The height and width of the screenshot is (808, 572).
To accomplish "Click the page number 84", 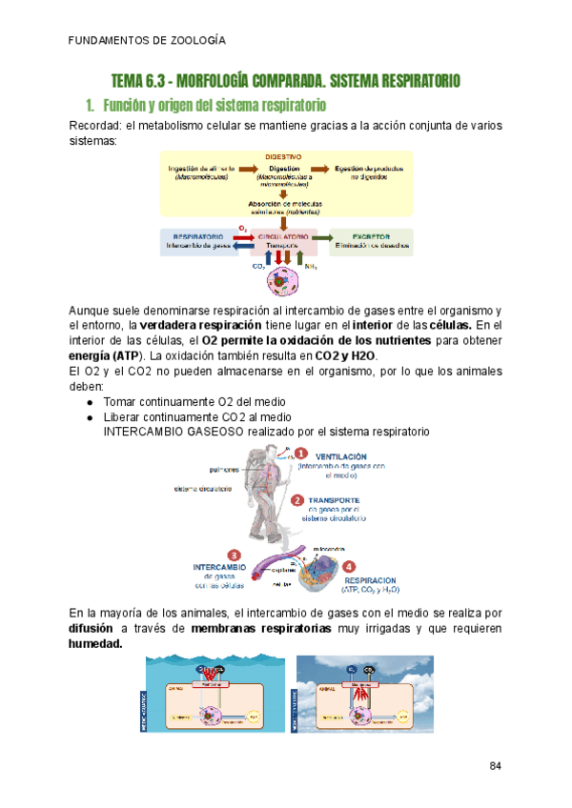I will tap(496, 766).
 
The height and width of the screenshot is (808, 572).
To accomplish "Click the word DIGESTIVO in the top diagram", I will tap(283, 156).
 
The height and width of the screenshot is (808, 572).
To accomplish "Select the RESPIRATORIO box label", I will tap(198, 235).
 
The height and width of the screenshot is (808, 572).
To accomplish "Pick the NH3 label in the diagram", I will tap(311, 266).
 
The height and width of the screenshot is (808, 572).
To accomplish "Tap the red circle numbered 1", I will tap(300, 454).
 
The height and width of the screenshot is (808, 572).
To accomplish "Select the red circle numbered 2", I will tap(297, 500).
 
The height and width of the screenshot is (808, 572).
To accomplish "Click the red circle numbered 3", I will tap(234, 555).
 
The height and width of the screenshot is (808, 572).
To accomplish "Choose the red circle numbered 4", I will tap(349, 564).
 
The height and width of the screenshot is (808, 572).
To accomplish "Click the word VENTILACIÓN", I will tap(340, 456).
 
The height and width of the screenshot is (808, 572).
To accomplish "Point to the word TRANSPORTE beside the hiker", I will tap(333, 500).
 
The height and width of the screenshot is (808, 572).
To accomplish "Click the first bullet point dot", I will tap(89, 402).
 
